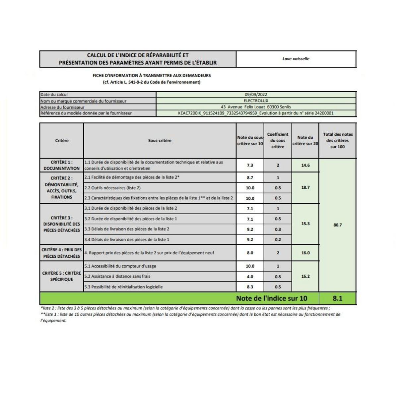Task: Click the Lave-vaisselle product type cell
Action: coord(296,59)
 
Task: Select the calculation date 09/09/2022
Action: coord(256,95)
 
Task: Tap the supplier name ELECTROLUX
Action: coord(256,100)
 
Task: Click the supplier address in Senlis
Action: coord(256,107)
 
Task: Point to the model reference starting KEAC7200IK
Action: coord(256,113)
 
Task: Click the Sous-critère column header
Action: coord(160,141)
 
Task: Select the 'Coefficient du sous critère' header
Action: coord(278,141)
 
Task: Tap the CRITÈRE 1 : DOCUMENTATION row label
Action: coord(62,165)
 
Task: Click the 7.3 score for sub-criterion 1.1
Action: coord(250,165)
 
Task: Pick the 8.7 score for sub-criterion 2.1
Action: coord(250,177)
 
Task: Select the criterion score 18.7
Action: coord(305,187)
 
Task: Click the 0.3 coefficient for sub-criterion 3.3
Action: coord(278,229)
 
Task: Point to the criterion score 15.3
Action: coord(305,224)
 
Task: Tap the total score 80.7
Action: coord(337,225)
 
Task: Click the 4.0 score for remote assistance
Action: coord(250,277)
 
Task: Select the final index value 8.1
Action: coord(337,298)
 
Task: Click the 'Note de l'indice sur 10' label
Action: coord(272,298)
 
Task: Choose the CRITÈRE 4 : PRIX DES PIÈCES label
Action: coord(62,253)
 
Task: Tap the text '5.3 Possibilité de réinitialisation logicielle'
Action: coord(123,287)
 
